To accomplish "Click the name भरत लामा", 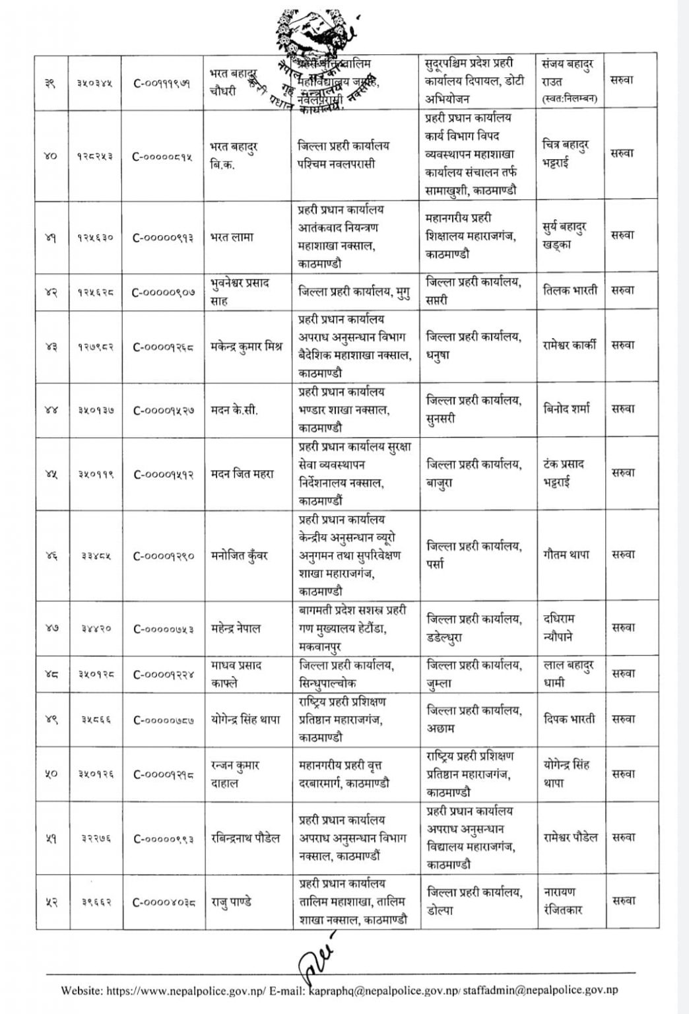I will tap(231, 237).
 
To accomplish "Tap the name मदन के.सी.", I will tap(233, 410).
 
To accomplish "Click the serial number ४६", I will tap(51, 556).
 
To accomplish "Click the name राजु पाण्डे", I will tap(231, 902).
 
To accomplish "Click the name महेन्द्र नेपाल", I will tap(235, 628).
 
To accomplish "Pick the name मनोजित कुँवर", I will tap(239, 556).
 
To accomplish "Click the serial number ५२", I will tap(51, 902).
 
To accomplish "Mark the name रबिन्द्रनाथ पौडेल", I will tap(245, 838).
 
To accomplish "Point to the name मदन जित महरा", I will tap(242, 474).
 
